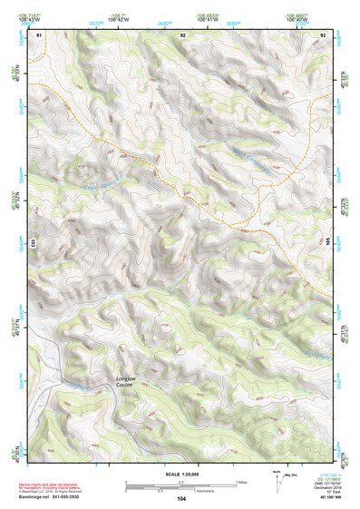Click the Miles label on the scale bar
[x=239, y=481]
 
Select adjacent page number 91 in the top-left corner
[x=39, y=34]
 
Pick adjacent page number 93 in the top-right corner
[x=323, y=34]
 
